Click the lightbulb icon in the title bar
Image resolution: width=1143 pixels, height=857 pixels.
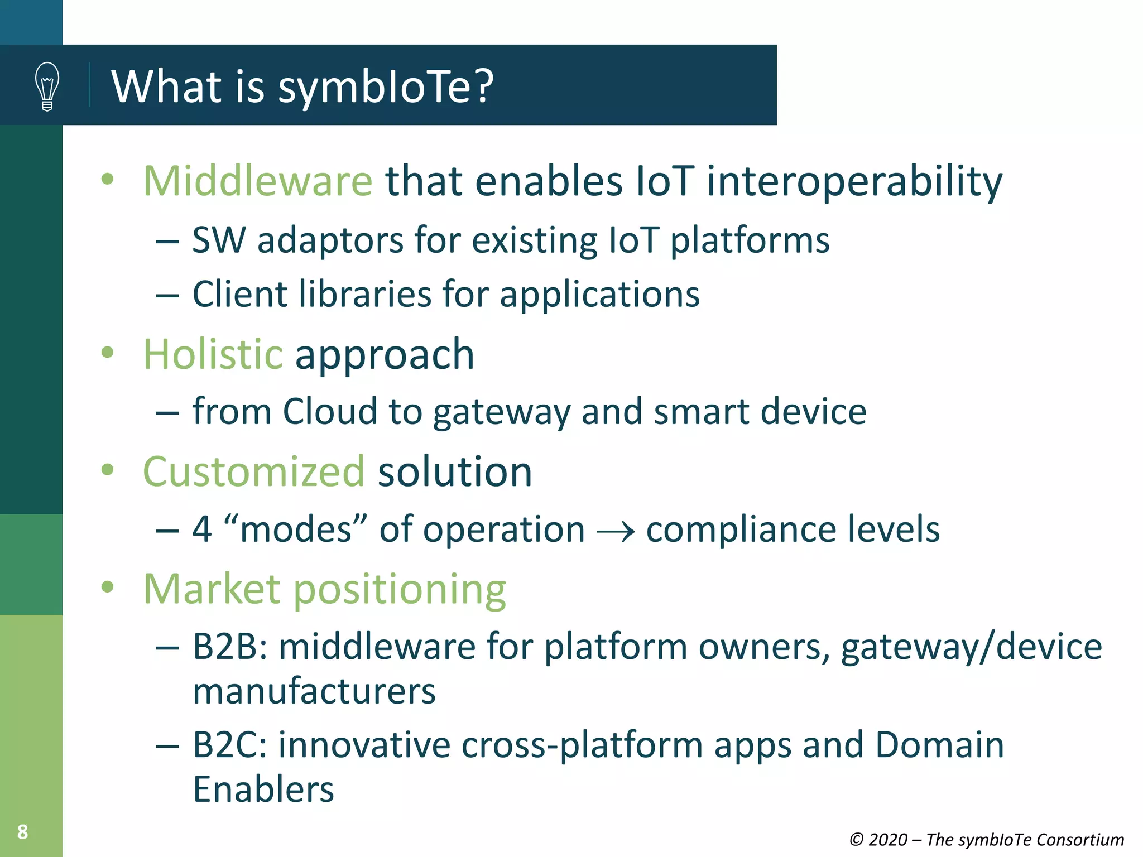(47, 86)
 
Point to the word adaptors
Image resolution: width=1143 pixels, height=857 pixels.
(330, 241)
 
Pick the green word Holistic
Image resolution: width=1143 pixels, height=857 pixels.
(213, 354)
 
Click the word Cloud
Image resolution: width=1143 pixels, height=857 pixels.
(330, 412)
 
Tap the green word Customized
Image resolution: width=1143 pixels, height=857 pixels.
(254, 471)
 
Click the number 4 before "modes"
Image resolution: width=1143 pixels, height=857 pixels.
(202, 529)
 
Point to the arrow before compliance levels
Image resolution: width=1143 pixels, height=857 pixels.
(615, 531)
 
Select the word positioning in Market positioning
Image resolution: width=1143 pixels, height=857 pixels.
(400, 590)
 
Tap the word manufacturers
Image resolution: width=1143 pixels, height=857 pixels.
(314, 692)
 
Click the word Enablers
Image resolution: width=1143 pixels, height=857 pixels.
(263, 789)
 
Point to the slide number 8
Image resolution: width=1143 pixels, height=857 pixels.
(22, 832)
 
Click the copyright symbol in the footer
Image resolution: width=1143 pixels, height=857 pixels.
(857, 840)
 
